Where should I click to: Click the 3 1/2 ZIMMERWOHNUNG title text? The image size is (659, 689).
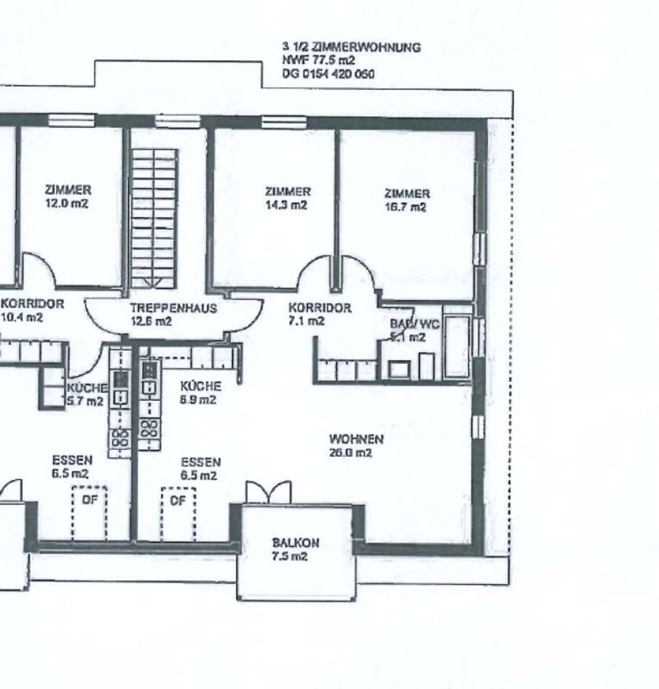click(x=351, y=47)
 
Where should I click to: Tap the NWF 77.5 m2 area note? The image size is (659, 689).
click(x=319, y=60)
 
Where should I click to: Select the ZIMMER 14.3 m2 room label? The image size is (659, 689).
click(x=287, y=198)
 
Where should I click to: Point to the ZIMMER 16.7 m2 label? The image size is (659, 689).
click(x=406, y=200)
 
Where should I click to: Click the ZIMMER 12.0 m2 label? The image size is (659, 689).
click(x=68, y=196)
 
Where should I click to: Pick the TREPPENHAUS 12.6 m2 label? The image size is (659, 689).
click(x=173, y=314)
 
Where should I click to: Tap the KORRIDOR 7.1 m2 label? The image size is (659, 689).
click(x=319, y=314)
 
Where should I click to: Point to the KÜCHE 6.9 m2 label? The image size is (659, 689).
click(x=200, y=393)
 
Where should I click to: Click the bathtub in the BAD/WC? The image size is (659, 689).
click(x=457, y=346)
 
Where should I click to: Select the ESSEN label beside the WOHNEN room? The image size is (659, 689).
click(x=200, y=468)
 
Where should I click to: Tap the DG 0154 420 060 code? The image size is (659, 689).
click(x=328, y=74)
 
